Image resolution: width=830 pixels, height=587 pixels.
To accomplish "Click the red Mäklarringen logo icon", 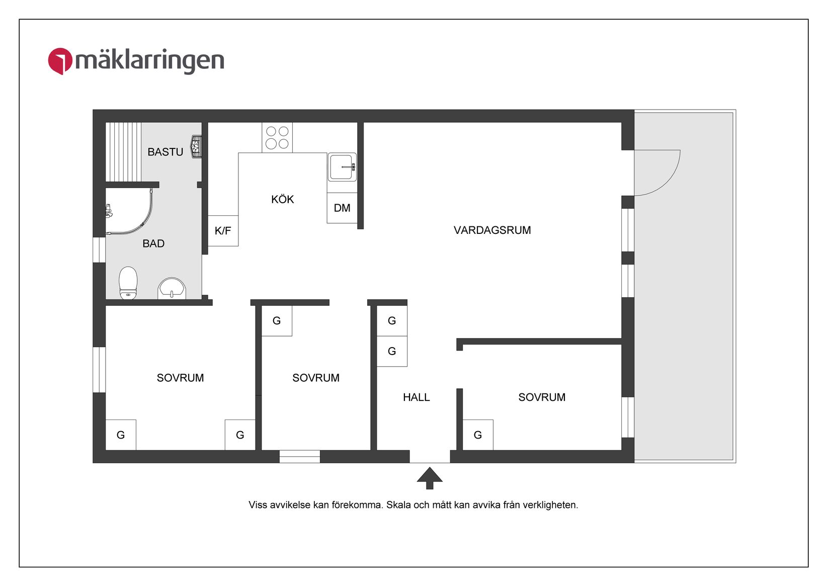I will [x=60, y=61].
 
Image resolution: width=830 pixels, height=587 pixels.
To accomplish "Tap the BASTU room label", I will [x=165, y=152].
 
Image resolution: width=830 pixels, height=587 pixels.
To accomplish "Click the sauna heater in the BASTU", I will [x=196, y=147].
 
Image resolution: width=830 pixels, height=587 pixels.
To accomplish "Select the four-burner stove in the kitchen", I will [x=277, y=137].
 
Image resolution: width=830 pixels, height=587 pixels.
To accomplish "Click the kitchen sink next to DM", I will [x=342, y=167].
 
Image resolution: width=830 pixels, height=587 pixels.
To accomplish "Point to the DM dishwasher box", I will [x=342, y=208].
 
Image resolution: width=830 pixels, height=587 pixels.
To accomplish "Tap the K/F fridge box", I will [x=223, y=231].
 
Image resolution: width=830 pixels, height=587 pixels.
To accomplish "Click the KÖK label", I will [x=282, y=200].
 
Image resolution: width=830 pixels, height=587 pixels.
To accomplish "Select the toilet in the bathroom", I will [x=128, y=284].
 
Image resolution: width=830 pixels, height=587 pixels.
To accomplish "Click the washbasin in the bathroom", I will [x=172, y=289].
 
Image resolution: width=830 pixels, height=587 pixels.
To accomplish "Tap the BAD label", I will [x=153, y=244].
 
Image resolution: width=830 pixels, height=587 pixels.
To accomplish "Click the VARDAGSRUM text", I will [x=492, y=230].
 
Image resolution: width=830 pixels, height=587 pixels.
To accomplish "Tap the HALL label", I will [x=416, y=397].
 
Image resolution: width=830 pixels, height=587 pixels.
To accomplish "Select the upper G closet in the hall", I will [x=392, y=321].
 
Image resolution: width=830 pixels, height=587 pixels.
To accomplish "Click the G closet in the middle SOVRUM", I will [x=277, y=321].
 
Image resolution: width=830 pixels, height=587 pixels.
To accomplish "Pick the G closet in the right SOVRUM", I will [x=478, y=435].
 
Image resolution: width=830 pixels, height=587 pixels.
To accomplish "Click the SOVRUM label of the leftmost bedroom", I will [x=180, y=378].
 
